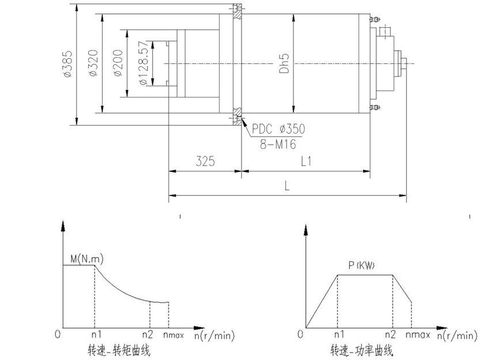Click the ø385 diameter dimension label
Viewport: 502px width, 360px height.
[68, 63]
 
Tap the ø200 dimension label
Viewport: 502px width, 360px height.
[118, 64]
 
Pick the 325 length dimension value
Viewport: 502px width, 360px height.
[205, 162]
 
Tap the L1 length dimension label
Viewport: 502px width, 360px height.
[307, 162]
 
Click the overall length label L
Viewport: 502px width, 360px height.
[287, 185]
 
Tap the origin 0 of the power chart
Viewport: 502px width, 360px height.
[300, 334]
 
